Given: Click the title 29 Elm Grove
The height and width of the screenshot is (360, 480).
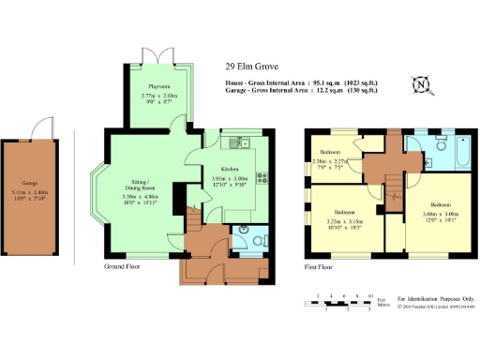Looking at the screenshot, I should point(251,67).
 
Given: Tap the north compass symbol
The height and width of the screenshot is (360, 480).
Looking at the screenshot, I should point(423,85).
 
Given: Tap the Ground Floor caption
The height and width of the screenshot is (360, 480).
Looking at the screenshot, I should point(125,266).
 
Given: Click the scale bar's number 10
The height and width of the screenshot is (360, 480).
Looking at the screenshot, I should point(370,296).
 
